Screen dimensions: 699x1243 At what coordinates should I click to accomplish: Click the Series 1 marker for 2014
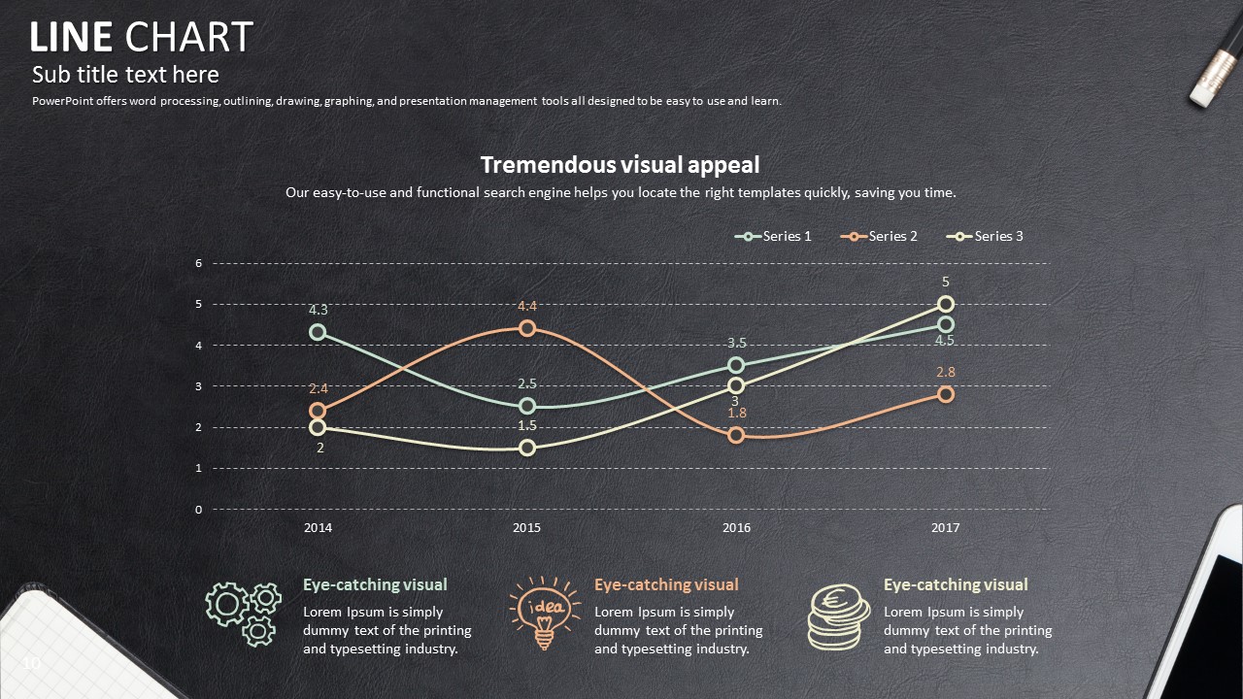318,332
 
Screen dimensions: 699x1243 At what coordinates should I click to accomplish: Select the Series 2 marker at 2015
527,328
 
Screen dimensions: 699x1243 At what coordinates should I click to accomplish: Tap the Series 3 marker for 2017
946,304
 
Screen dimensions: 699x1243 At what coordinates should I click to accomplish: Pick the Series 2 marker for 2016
736,435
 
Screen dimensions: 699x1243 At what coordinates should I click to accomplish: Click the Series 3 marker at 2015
527,448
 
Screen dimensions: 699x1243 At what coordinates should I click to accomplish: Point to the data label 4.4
527,306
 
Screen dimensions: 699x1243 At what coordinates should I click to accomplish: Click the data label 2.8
946,372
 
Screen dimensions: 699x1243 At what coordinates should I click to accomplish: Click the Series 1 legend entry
774,236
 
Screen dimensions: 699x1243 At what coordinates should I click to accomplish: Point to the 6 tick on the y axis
199,263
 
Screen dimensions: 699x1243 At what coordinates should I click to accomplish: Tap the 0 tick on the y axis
199,509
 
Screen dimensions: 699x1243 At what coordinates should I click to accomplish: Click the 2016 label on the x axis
736,528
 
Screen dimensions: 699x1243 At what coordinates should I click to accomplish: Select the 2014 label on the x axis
318,528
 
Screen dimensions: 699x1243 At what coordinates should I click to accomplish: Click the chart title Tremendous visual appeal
620,165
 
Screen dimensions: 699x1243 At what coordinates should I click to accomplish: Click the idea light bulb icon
545,612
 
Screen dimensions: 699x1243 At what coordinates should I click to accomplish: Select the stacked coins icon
839,616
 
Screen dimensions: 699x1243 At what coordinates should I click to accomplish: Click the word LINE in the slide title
71,38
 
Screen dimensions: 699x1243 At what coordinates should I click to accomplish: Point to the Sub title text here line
125,75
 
